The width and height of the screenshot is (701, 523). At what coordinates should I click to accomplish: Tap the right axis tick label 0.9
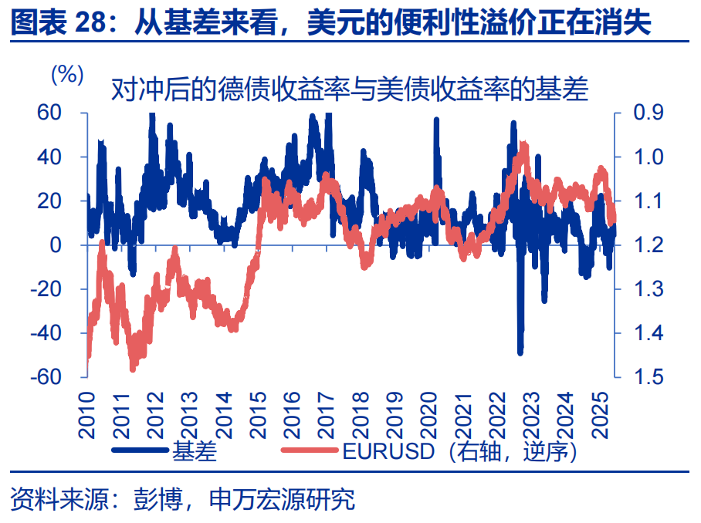tap(648, 113)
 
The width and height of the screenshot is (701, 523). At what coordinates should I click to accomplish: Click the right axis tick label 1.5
tap(648, 376)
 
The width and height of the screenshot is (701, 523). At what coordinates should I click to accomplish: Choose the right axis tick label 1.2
tap(648, 245)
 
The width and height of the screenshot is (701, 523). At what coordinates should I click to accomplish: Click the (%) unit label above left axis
tap(66, 74)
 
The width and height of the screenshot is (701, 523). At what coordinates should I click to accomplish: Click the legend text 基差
tap(195, 451)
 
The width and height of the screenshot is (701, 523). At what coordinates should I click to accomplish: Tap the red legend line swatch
tap(310, 450)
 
